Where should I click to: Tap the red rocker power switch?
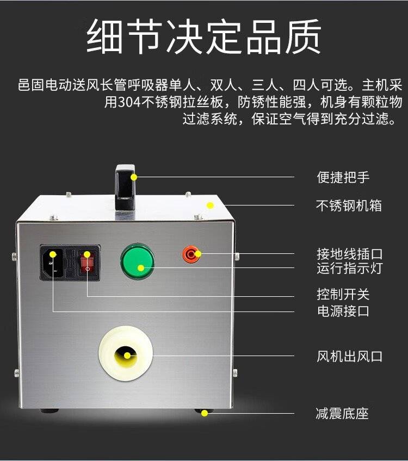click(x=87, y=263)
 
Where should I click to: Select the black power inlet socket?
click(x=53, y=263)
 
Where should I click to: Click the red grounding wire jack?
click(x=191, y=254)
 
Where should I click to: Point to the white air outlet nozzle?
click(x=126, y=353)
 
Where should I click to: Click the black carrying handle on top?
click(x=125, y=188)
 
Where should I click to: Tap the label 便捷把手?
click(x=343, y=177)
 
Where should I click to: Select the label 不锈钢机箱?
click(x=349, y=205)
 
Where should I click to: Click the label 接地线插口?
click(x=349, y=254)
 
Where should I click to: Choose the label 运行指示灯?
click(x=349, y=268)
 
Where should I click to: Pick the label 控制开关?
click(x=343, y=294)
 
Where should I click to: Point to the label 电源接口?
click(x=343, y=311)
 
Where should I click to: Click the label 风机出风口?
click(x=349, y=356)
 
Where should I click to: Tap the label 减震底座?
click(x=342, y=413)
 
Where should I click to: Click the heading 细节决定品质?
click(x=204, y=37)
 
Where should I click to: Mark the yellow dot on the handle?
click(x=134, y=177)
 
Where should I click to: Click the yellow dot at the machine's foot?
click(x=205, y=413)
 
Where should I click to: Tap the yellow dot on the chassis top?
click(x=210, y=205)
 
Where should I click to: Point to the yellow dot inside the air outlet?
click(x=127, y=356)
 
